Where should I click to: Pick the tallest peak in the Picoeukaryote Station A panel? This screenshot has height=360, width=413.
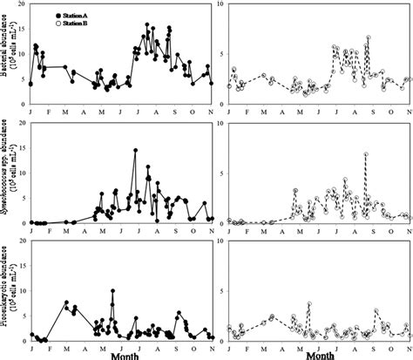pos(112,291)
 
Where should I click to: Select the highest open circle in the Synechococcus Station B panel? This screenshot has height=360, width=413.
pos(367,154)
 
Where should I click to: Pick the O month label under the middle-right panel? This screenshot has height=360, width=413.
pos(386,231)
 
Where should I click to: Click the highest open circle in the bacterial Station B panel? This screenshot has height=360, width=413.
pos(369,37)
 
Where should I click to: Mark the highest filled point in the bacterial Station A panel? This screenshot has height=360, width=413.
pos(146,25)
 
